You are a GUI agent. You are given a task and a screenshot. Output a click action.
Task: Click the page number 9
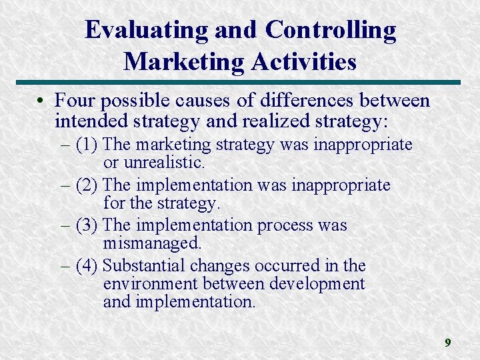[448, 343]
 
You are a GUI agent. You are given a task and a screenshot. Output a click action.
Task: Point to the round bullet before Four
[41, 101]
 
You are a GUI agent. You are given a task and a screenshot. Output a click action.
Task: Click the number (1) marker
[87, 144]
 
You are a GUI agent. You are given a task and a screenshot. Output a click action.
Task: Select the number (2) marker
[87, 185]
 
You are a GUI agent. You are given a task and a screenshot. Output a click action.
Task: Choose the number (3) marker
[87, 225]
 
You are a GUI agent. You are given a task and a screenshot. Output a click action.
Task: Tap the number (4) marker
[87, 266]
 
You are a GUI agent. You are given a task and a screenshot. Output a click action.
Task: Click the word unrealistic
[166, 162]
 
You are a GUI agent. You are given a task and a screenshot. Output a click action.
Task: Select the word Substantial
[145, 266]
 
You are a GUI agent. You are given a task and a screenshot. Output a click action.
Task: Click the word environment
[151, 284]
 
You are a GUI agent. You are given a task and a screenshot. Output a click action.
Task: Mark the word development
[317, 284]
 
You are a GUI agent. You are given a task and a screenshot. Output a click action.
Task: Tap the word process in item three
[286, 225]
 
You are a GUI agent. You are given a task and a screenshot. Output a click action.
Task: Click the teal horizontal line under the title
[239, 83]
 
